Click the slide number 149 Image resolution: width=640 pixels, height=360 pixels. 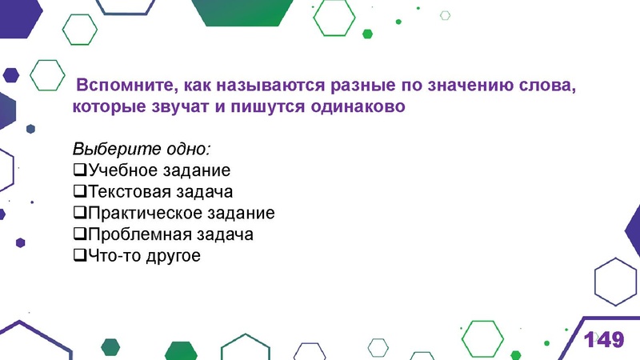[x=603, y=339]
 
